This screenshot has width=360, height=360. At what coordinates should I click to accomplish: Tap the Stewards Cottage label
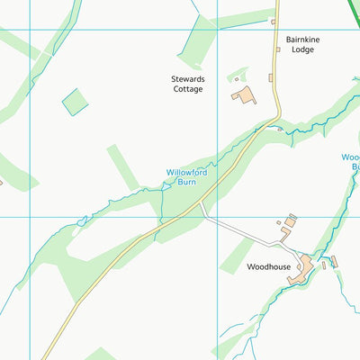(x=188, y=84)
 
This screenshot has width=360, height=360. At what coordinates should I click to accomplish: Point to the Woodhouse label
(x=268, y=267)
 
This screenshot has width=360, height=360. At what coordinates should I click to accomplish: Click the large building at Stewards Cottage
(x=244, y=94)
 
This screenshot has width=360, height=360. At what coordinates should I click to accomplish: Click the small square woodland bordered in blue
(x=75, y=102)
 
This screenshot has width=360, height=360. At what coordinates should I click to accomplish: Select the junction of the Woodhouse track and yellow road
(x=200, y=206)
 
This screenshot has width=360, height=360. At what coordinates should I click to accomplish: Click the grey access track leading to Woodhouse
(x=238, y=232)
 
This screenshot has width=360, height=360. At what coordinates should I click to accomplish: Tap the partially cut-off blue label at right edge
(x=350, y=162)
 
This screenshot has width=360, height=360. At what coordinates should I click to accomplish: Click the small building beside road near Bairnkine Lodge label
(x=278, y=49)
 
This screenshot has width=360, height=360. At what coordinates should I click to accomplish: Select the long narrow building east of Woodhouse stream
(x=333, y=262)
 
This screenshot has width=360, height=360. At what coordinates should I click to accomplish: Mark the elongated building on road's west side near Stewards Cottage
(x=270, y=78)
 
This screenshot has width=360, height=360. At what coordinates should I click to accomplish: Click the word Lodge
(x=301, y=50)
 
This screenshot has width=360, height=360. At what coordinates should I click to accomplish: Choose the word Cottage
(x=188, y=89)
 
